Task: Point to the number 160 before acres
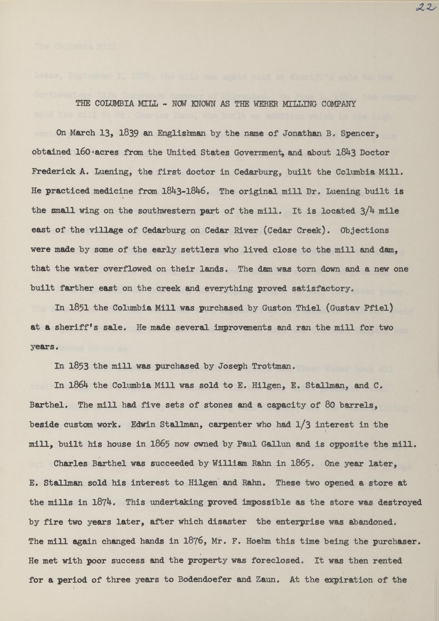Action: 83,153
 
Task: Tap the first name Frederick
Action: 51,172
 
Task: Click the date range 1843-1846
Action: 186,191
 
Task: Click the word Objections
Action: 364,230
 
